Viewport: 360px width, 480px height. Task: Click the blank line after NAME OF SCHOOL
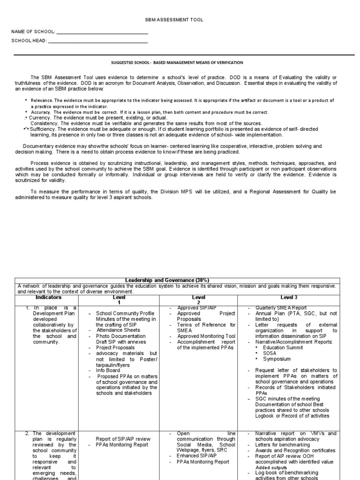tap(102, 32)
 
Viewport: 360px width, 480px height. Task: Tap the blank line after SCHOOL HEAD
tap(98, 41)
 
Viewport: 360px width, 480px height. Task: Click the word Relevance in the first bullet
tap(41, 101)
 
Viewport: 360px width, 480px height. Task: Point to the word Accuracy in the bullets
tap(40, 112)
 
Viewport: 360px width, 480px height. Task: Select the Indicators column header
tap(49, 298)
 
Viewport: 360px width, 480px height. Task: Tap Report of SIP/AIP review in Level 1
tap(123, 439)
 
